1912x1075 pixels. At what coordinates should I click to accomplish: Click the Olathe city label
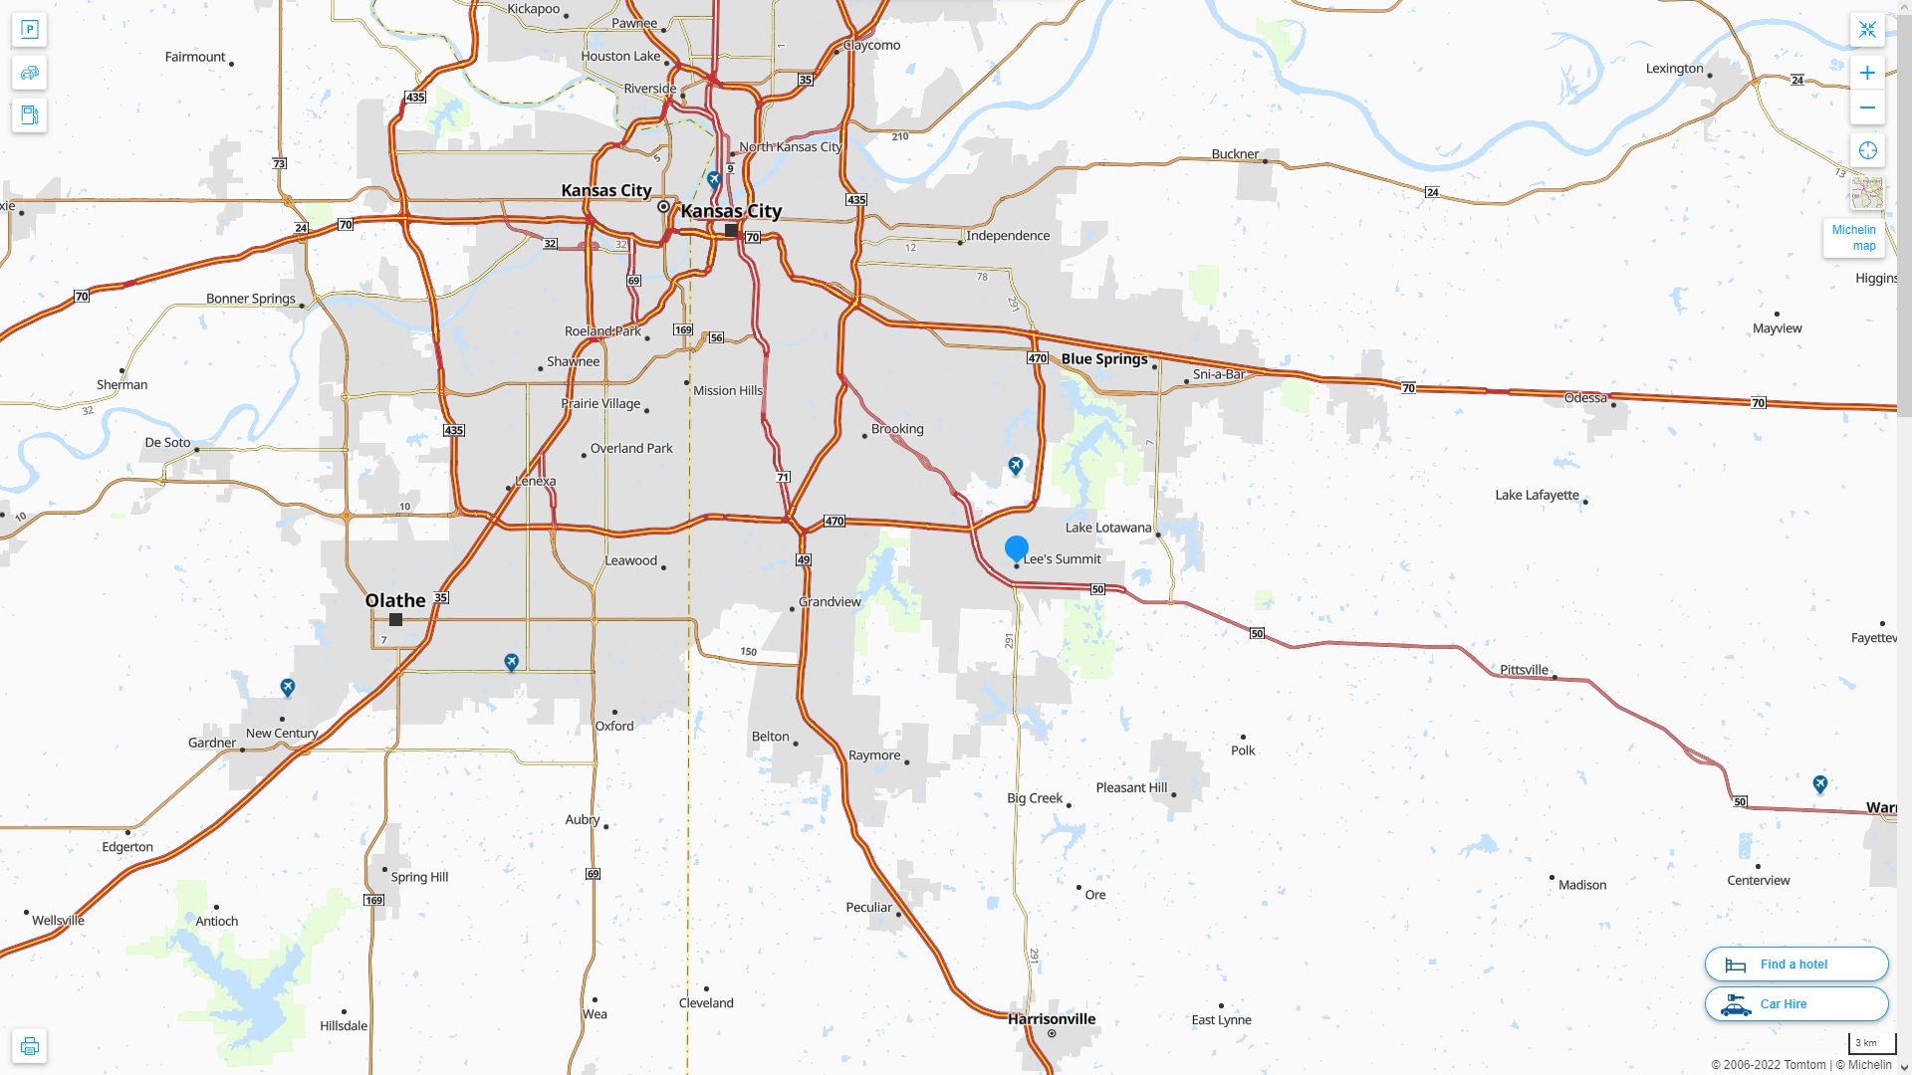[395, 600]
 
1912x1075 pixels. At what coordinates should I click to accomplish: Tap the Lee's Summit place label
[1062, 559]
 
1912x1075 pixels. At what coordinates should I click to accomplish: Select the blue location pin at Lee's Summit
[1016, 548]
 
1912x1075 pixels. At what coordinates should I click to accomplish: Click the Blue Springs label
[1104, 359]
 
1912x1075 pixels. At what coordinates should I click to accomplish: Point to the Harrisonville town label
[1051, 1019]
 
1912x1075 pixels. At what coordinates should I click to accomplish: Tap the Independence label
[1008, 236]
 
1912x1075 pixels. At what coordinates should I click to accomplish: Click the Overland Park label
[631, 449]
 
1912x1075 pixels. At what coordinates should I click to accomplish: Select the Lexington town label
[1674, 69]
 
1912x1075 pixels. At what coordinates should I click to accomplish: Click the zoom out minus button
[1867, 107]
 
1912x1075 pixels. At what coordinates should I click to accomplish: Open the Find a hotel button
[1795, 965]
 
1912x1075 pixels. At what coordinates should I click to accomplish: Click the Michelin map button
[1853, 238]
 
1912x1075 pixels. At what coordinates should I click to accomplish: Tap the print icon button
[29, 1046]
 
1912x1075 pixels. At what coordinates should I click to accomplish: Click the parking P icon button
[29, 30]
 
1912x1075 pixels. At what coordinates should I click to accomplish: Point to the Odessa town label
[1585, 398]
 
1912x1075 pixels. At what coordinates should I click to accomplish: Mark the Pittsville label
[1524, 670]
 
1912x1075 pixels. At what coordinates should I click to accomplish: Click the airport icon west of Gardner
[288, 687]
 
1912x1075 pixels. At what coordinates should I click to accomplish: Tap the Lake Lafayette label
[1537, 496]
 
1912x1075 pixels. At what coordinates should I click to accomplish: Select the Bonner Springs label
[251, 299]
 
